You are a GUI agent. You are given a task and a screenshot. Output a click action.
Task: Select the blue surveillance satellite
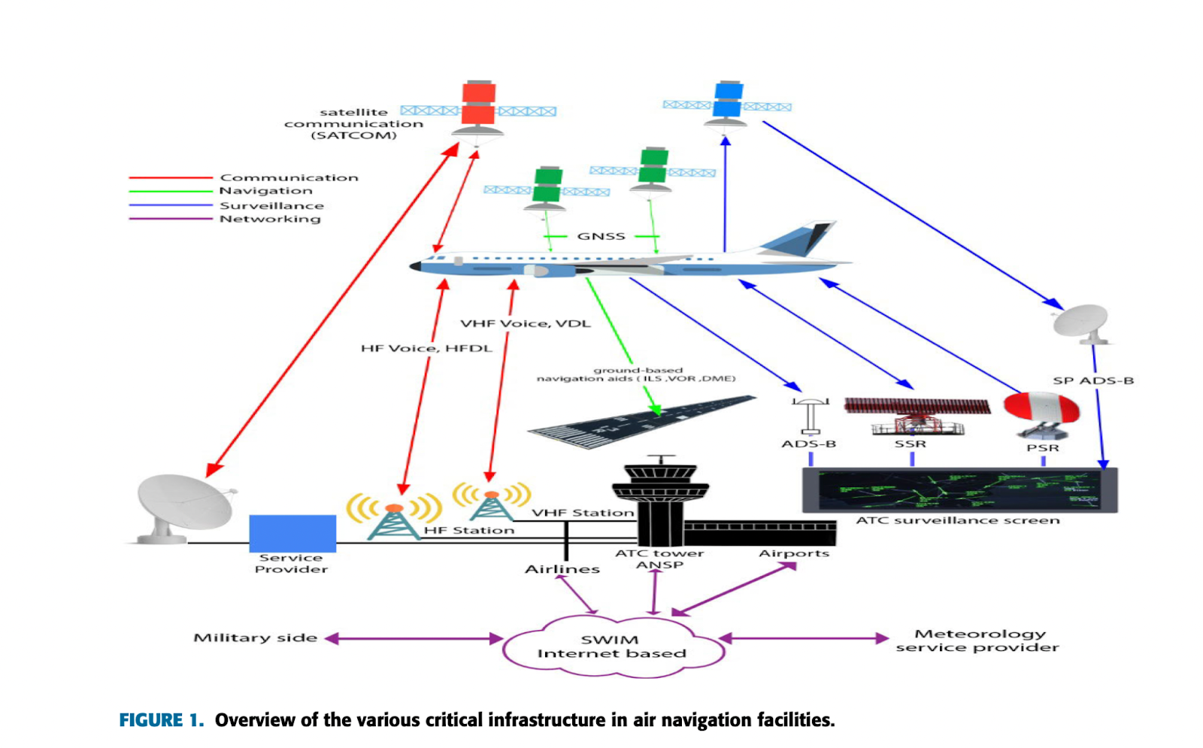coord(727,105)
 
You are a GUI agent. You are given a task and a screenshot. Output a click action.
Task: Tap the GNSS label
coord(601,236)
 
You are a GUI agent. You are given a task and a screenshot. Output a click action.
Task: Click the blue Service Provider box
coord(292,533)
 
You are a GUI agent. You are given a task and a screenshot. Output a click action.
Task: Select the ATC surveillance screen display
coord(959,489)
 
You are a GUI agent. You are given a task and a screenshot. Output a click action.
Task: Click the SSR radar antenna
coord(917,416)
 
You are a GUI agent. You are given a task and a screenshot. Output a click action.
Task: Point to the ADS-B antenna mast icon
coord(811,416)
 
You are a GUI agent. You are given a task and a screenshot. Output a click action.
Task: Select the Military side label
coord(255,638)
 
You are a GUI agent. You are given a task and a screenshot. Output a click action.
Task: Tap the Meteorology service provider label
coord(977,640)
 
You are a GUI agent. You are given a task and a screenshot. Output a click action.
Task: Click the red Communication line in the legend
coord(171,177)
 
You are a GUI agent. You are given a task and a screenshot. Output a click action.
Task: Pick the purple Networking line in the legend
coord(171,219)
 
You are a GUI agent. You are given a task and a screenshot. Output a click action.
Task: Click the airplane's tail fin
coord(798,238)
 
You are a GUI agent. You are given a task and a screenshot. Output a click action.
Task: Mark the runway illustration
coord(642,422)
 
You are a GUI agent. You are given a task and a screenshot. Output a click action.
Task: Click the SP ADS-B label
coord(1093,380)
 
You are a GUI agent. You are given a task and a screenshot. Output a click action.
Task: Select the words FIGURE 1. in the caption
coord(162,720)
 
